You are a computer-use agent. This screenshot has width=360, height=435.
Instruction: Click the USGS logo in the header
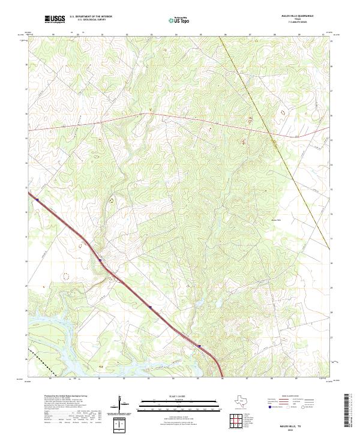click(x=55, y=20)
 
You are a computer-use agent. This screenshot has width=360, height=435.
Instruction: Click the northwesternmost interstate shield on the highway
click(x=37, y=200)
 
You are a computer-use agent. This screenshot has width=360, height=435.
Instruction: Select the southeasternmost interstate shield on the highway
click(x=199, y=346)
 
